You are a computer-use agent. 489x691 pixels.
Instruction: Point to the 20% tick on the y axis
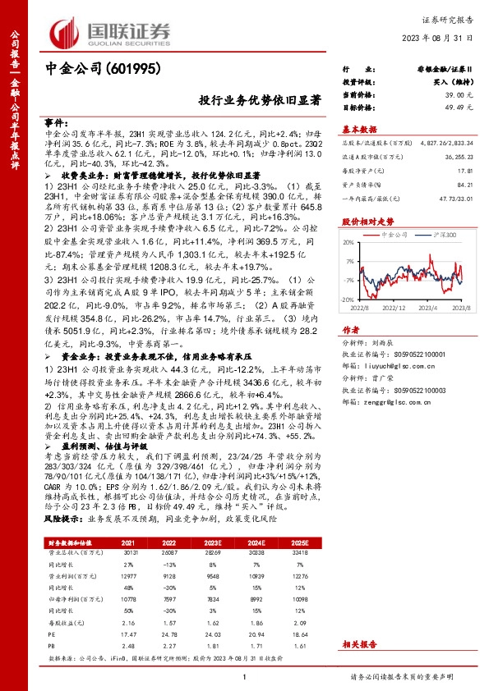click(348, 242)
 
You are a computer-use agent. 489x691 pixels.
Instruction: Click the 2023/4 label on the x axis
click(424, 308)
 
